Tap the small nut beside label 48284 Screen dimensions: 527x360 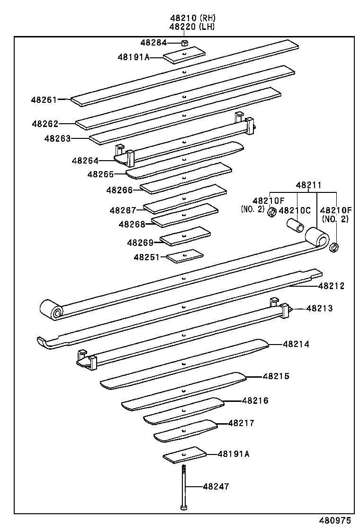[185, 43]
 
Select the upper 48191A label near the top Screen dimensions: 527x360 [134, 57]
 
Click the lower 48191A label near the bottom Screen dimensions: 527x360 [234, 454]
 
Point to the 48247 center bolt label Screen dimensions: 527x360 [216, 486]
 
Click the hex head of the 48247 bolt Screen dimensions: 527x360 [183, 508]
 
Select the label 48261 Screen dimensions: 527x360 [44, 100]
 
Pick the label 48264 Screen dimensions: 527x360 [85, 161]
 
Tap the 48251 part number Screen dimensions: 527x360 [147, 257]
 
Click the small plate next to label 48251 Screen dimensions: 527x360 [185, 256]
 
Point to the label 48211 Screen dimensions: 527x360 [309, 185]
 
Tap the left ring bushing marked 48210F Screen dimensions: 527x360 [272, 213]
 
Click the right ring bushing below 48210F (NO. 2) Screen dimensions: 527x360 [335, 247]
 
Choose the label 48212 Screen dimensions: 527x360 [331, 286]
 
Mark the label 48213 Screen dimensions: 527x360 [319, 309]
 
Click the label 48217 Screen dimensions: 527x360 [241, 423]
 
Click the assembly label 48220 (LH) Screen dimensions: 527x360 [192, 27]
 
